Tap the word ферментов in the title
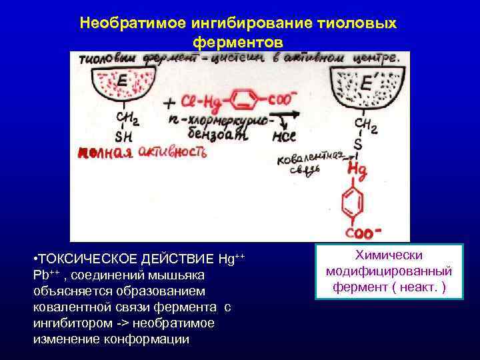point(238,41)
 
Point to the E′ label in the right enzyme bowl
point(367,84)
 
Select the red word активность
point(172,153)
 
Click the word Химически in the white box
point(389,256)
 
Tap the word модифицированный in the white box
point(389,271)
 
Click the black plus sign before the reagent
point(169,103)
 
